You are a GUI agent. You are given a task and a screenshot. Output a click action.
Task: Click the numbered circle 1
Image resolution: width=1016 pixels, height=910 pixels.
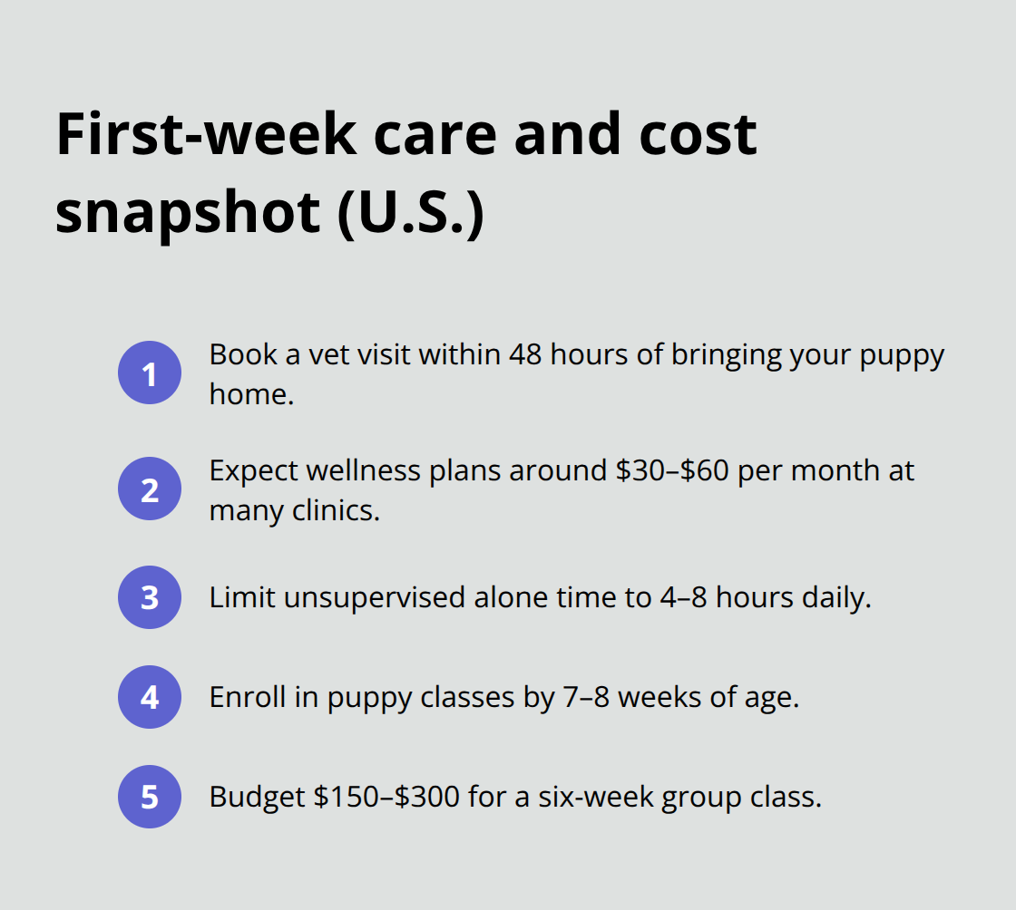[x=150, y=373]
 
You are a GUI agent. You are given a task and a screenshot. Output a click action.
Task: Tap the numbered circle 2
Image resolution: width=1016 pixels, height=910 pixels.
[x=150, y=489]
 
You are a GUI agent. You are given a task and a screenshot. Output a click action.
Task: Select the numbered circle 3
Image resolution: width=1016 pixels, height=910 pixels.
[x=150, y=597]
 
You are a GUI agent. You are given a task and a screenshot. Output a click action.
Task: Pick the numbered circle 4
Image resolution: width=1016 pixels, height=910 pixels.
[x=150, y=697]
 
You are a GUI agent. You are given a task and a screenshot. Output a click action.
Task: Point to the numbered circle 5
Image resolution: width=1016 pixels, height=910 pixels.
[x=150, y=797]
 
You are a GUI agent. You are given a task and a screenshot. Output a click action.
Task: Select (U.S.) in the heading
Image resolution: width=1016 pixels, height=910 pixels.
[x=410, y=215]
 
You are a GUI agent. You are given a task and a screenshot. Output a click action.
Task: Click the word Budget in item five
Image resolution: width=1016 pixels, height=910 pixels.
[x=257, y=797]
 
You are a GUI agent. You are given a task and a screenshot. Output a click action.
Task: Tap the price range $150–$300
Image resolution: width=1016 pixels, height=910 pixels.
[x=390, y=797]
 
